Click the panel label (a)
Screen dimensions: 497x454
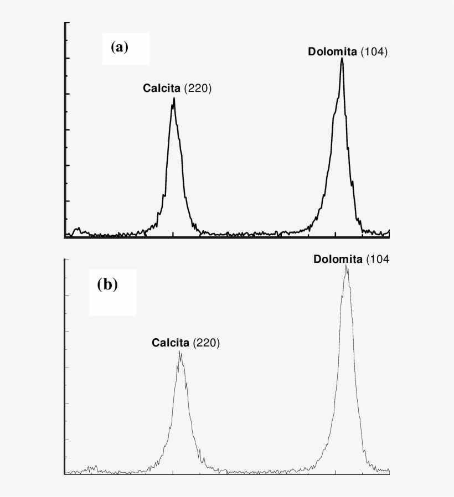click(x=119, y=47)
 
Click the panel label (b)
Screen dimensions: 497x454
click(x=107, y=285)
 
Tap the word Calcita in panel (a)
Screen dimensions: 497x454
click(x=162, y=88)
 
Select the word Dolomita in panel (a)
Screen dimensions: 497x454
click(x=332, y=52)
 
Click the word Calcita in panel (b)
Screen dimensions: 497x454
click(x=171, y=344)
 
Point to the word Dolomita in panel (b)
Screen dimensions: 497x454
click(x=337, y=259)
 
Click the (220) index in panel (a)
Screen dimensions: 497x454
click(x=198, y=88)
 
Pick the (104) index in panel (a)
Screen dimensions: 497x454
click(x=374, y=52)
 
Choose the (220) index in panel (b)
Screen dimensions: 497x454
click(x=207, y=344)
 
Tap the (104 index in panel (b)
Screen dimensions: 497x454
click(x=378, y=259)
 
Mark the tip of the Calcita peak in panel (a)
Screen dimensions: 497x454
click(x=174, y=99)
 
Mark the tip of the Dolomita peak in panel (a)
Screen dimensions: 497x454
click(x=342, y=58)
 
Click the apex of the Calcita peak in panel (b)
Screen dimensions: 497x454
click(x=180, y=351)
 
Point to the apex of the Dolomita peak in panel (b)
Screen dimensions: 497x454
click(x=347, y=265)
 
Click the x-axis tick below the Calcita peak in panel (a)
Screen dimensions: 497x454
click(x=173, y=234)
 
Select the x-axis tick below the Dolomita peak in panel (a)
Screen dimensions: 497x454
click(x=336, y=234)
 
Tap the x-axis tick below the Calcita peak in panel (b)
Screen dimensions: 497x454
click(x=173, y=472)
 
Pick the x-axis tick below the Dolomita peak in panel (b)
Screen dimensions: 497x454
click(x=336, y=472)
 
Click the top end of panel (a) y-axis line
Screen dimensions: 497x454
click(x=66, y=23)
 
